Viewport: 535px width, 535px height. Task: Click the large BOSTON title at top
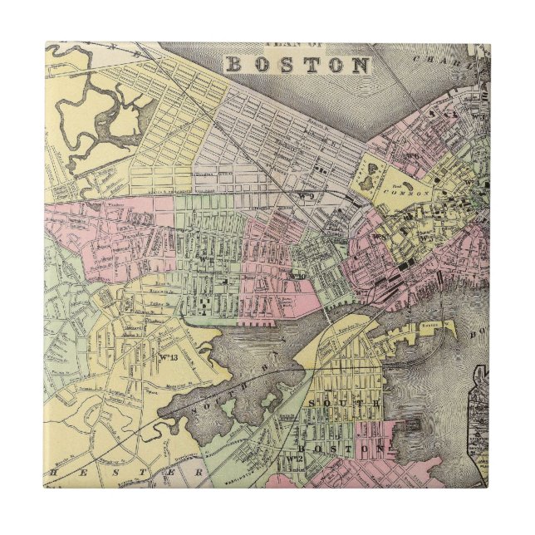pos(298,65)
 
